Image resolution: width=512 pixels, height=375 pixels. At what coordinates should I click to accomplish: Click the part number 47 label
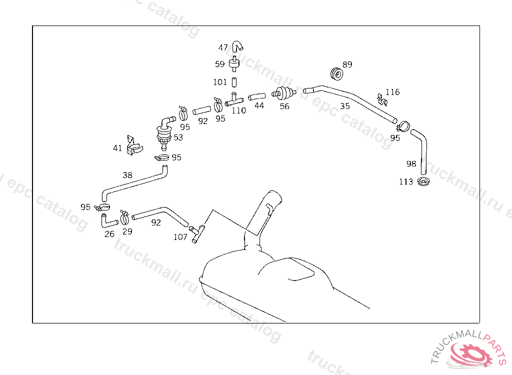click(x=223, y=48)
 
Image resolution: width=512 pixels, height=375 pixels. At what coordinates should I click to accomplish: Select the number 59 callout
click(x=220, y=64)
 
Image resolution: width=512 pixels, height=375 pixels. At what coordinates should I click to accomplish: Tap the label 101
click(x=220, y=81)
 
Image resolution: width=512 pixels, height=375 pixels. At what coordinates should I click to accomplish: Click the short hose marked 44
click(x=256, y=95)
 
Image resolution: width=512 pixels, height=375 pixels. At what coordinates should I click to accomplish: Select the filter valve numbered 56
click(x=282, y=93)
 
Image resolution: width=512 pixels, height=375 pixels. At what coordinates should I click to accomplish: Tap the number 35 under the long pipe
click(x=345, y=106)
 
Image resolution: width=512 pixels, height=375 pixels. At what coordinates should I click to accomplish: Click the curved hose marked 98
click(x=421, y=147)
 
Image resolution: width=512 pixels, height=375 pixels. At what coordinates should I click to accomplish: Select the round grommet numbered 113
click(x=423, y=181)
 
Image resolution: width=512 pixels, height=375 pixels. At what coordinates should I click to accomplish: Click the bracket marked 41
click(x=133, y=145)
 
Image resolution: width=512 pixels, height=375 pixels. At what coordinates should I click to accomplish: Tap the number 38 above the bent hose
click(x=127, y=175)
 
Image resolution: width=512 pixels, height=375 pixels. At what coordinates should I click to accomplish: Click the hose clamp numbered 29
click(x=124, y=217)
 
